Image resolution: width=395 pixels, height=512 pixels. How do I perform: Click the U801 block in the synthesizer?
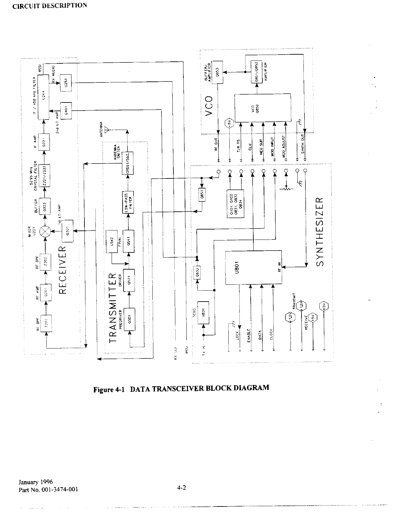254,267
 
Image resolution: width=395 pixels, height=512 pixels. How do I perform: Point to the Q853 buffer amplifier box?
218,72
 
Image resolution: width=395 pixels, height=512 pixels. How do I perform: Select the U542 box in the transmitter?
111,241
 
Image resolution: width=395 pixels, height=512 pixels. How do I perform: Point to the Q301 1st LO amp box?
68,230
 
